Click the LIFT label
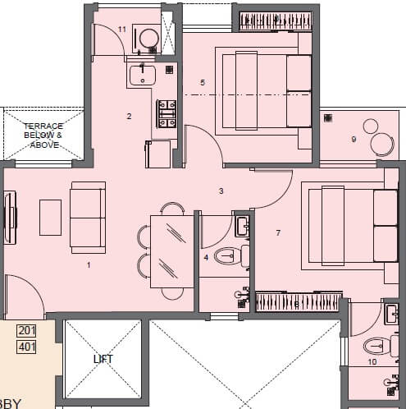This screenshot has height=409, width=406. [103, 359]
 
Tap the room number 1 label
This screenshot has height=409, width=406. [89, 264]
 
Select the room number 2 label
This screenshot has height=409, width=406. [129, 117]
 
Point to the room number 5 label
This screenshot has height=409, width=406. [202, 82]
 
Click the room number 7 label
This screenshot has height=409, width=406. [278, 233]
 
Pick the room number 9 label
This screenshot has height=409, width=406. [354, 140]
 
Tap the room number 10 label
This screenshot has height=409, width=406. [372, 361]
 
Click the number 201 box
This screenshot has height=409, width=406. [27, 331]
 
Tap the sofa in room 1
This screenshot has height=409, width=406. [86, 217]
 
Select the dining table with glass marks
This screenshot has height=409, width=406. [169, 250]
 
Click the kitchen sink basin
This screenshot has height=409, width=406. [143, 76]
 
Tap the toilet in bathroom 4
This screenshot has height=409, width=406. [228, 257]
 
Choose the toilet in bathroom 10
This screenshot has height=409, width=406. [378, 346]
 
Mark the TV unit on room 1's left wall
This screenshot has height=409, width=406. [11, 218]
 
